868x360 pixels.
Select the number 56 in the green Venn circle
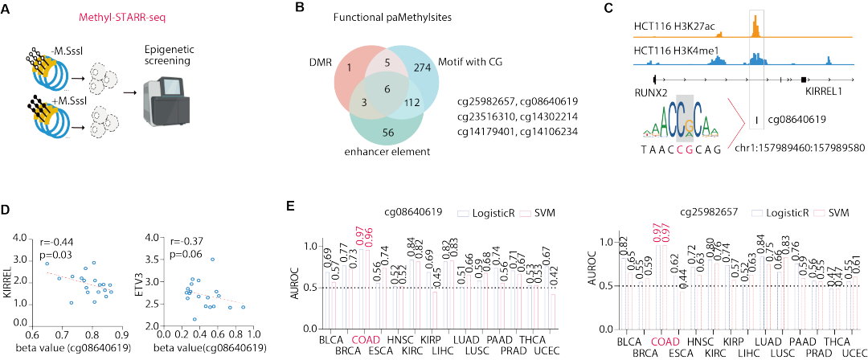point(388,133)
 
